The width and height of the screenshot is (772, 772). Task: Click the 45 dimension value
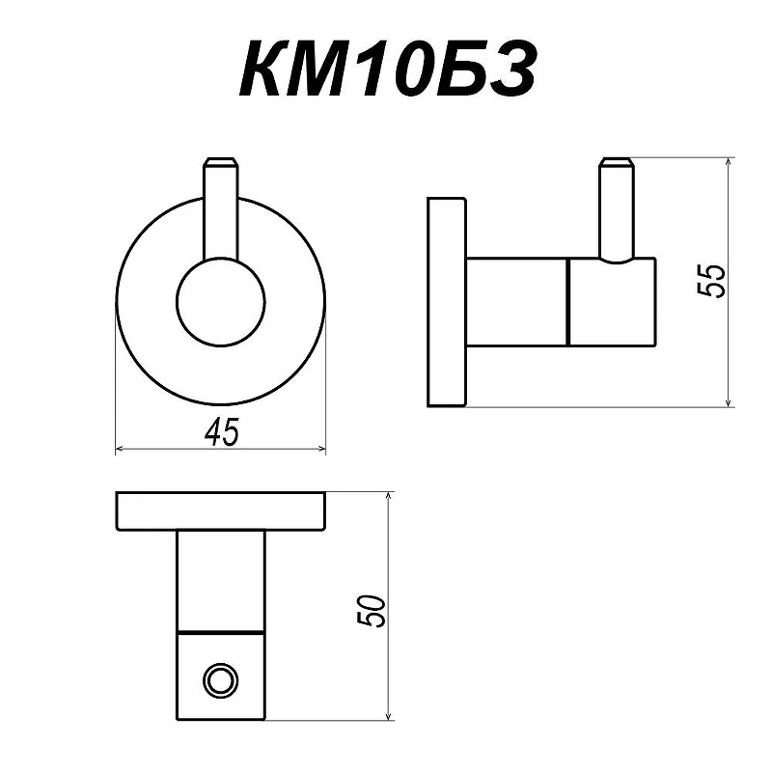pos(222,431)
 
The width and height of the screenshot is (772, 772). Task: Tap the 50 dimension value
pos(372,611)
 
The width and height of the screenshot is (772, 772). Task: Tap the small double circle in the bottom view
pos(221,681)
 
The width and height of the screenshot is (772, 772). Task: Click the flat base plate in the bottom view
pos(221,511)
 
